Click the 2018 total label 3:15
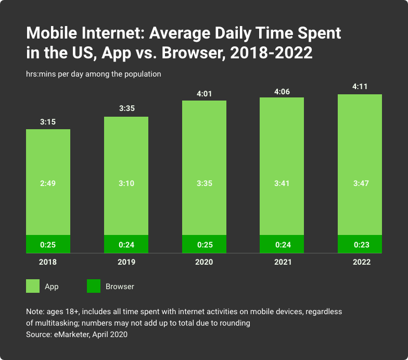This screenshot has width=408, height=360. click(48, 122)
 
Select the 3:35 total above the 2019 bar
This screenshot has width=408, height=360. click(126, 109)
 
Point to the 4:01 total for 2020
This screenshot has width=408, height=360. click(204, 94)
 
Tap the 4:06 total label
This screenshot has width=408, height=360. click(282, 92)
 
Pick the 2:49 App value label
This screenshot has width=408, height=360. click(48, 183)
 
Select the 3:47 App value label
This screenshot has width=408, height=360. click(360, 183)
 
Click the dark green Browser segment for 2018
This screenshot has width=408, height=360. click(48, 244)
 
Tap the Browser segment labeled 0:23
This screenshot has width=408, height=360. click(360, 244)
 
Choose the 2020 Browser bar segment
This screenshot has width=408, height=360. click(204, 244)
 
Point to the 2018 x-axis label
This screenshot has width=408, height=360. click(48, 262)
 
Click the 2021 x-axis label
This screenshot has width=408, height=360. click(282, 262)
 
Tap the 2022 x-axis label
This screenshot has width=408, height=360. click(360, 262)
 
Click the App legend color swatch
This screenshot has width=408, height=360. click(33, 286)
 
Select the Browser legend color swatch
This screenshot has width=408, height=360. click(93, 286)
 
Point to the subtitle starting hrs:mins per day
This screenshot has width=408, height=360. click(93, 74)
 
